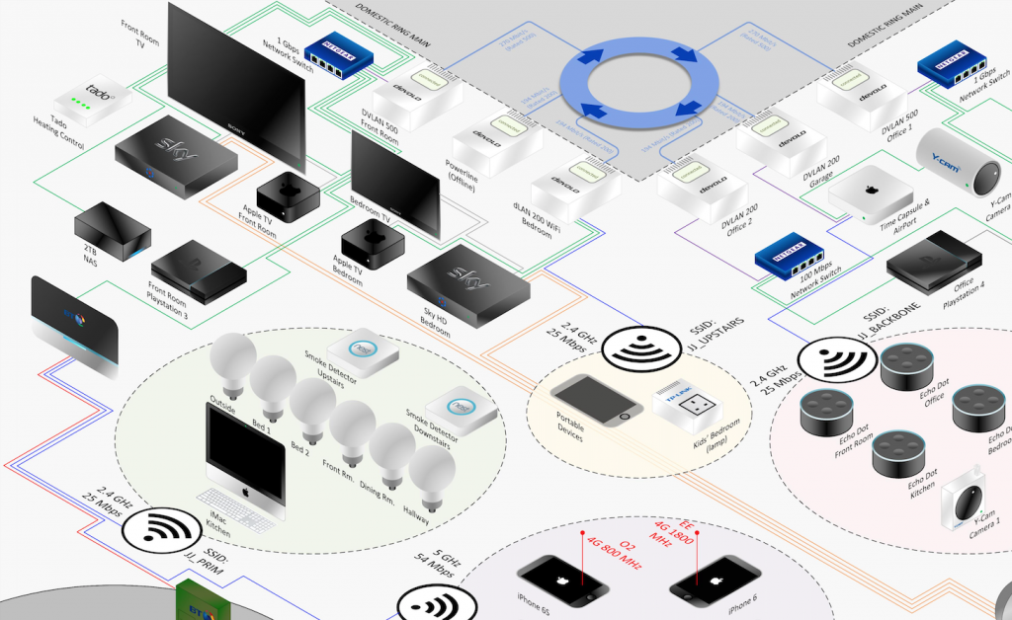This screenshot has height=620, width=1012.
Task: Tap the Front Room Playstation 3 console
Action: (196, 269)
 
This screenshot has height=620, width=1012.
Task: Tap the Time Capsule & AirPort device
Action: (868, 196)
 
